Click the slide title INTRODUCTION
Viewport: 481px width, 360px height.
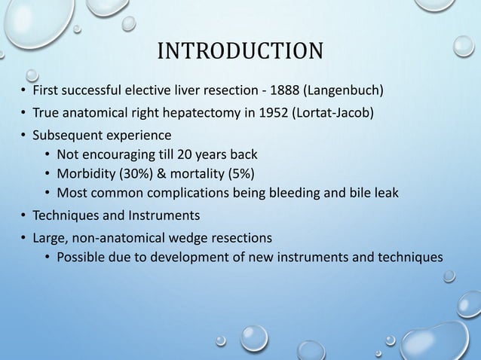[240, 52]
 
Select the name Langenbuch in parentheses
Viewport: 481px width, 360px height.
[346, 93]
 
